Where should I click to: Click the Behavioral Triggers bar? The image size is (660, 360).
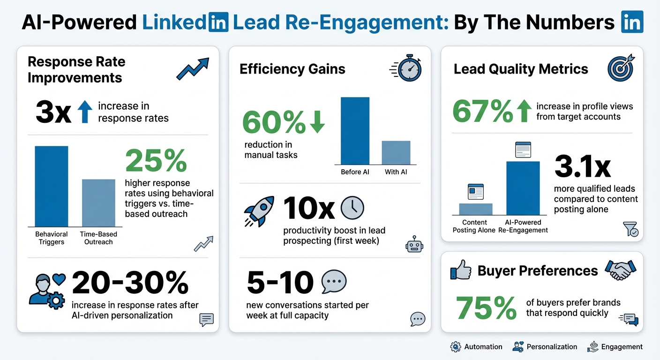(x=52, y=187)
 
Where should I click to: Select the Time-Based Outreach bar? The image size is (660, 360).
(x=98, y=203)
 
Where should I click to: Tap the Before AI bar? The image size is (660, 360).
(x=355, y=131)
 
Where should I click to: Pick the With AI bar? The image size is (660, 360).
(x=396, y=153)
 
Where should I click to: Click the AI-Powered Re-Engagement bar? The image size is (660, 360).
(x=523, y=188)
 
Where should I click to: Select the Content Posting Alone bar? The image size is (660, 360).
(x=475, y=209)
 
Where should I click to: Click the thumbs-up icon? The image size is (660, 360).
(x=460, y=271)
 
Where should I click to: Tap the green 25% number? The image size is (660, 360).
(x=156, y=161)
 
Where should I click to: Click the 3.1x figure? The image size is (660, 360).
(x=582, y=166)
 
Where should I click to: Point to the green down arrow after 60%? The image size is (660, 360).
(x=317, y=122)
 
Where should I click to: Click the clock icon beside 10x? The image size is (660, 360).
(x=352, y=208)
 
